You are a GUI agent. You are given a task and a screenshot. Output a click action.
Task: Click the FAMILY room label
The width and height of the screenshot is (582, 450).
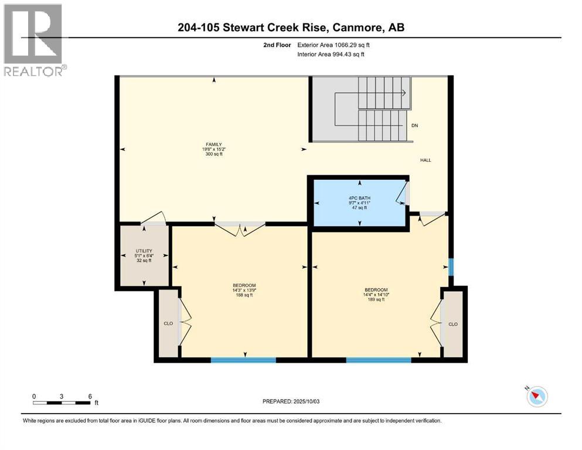click(x=212, y=144)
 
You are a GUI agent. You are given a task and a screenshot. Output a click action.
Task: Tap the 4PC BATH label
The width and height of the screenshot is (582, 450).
click(x=359, y=197)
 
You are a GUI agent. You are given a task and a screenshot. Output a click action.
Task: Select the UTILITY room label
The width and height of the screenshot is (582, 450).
click(x=144, y=251)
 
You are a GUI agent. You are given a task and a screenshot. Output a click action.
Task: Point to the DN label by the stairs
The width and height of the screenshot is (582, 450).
click(x=415, y=125)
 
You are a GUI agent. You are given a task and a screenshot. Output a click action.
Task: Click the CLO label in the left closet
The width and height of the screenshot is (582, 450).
click(x=168, y=322)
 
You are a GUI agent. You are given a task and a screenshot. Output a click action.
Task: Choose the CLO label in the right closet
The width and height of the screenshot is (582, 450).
click(x=452, y=324)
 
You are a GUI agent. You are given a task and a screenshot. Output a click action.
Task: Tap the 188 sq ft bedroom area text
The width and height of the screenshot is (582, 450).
click(x=244, y=295)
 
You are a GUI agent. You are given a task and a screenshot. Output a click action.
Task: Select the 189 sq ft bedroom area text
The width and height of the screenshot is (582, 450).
click(x=376, y=299)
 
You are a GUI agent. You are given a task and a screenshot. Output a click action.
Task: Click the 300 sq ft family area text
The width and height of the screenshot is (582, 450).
click(x=212, y=155)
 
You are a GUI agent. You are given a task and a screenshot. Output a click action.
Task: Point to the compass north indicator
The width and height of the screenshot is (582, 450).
click(x=536, y=397)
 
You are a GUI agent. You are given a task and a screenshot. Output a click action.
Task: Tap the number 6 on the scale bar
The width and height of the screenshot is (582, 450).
click(x=89, y=396)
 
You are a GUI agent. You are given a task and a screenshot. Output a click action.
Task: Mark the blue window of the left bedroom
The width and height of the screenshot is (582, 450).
click(x=243, y=360)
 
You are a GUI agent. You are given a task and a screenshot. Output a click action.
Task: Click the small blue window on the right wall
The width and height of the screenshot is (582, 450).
click(x=451, y=267)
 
